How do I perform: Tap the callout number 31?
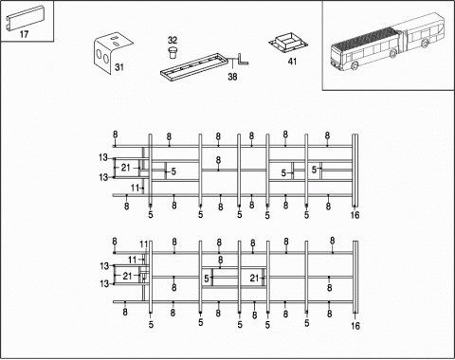coord(118,67)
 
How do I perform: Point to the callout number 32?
coord(173,40)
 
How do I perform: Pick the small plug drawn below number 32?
coord(173,52)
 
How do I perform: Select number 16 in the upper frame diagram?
coord(355,215)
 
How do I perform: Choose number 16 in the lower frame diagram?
coord(355,325)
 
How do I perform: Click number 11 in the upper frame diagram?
coord(136,188)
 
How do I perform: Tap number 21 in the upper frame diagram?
coord(125,168)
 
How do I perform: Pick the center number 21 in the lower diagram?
coord(253,278)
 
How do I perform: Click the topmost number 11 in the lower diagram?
coord(144,244)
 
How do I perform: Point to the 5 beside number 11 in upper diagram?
coord(151,215)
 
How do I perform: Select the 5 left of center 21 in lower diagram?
coord(206,279)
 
